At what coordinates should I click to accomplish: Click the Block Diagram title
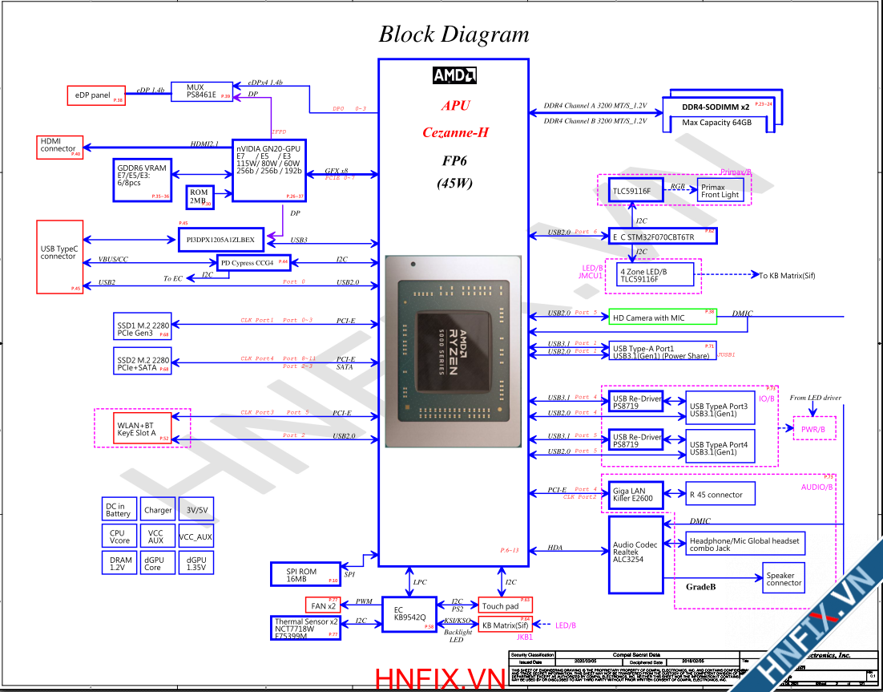coord(454,34)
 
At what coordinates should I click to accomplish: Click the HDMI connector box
coord(59,147)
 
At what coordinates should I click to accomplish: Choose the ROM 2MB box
coord(200,196)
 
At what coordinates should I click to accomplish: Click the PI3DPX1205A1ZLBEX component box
coord(220,239)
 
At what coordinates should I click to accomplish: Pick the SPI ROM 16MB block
coord(305,574)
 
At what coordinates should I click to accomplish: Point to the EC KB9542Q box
coord(408,613)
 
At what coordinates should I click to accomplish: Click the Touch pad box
coord(505,605)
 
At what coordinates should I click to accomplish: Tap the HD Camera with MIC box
coord(662,318)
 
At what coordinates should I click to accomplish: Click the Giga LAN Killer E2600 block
coord(636,494)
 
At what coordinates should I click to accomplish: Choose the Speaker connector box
coord(783,579)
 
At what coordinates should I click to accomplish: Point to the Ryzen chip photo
coord(453,351)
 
